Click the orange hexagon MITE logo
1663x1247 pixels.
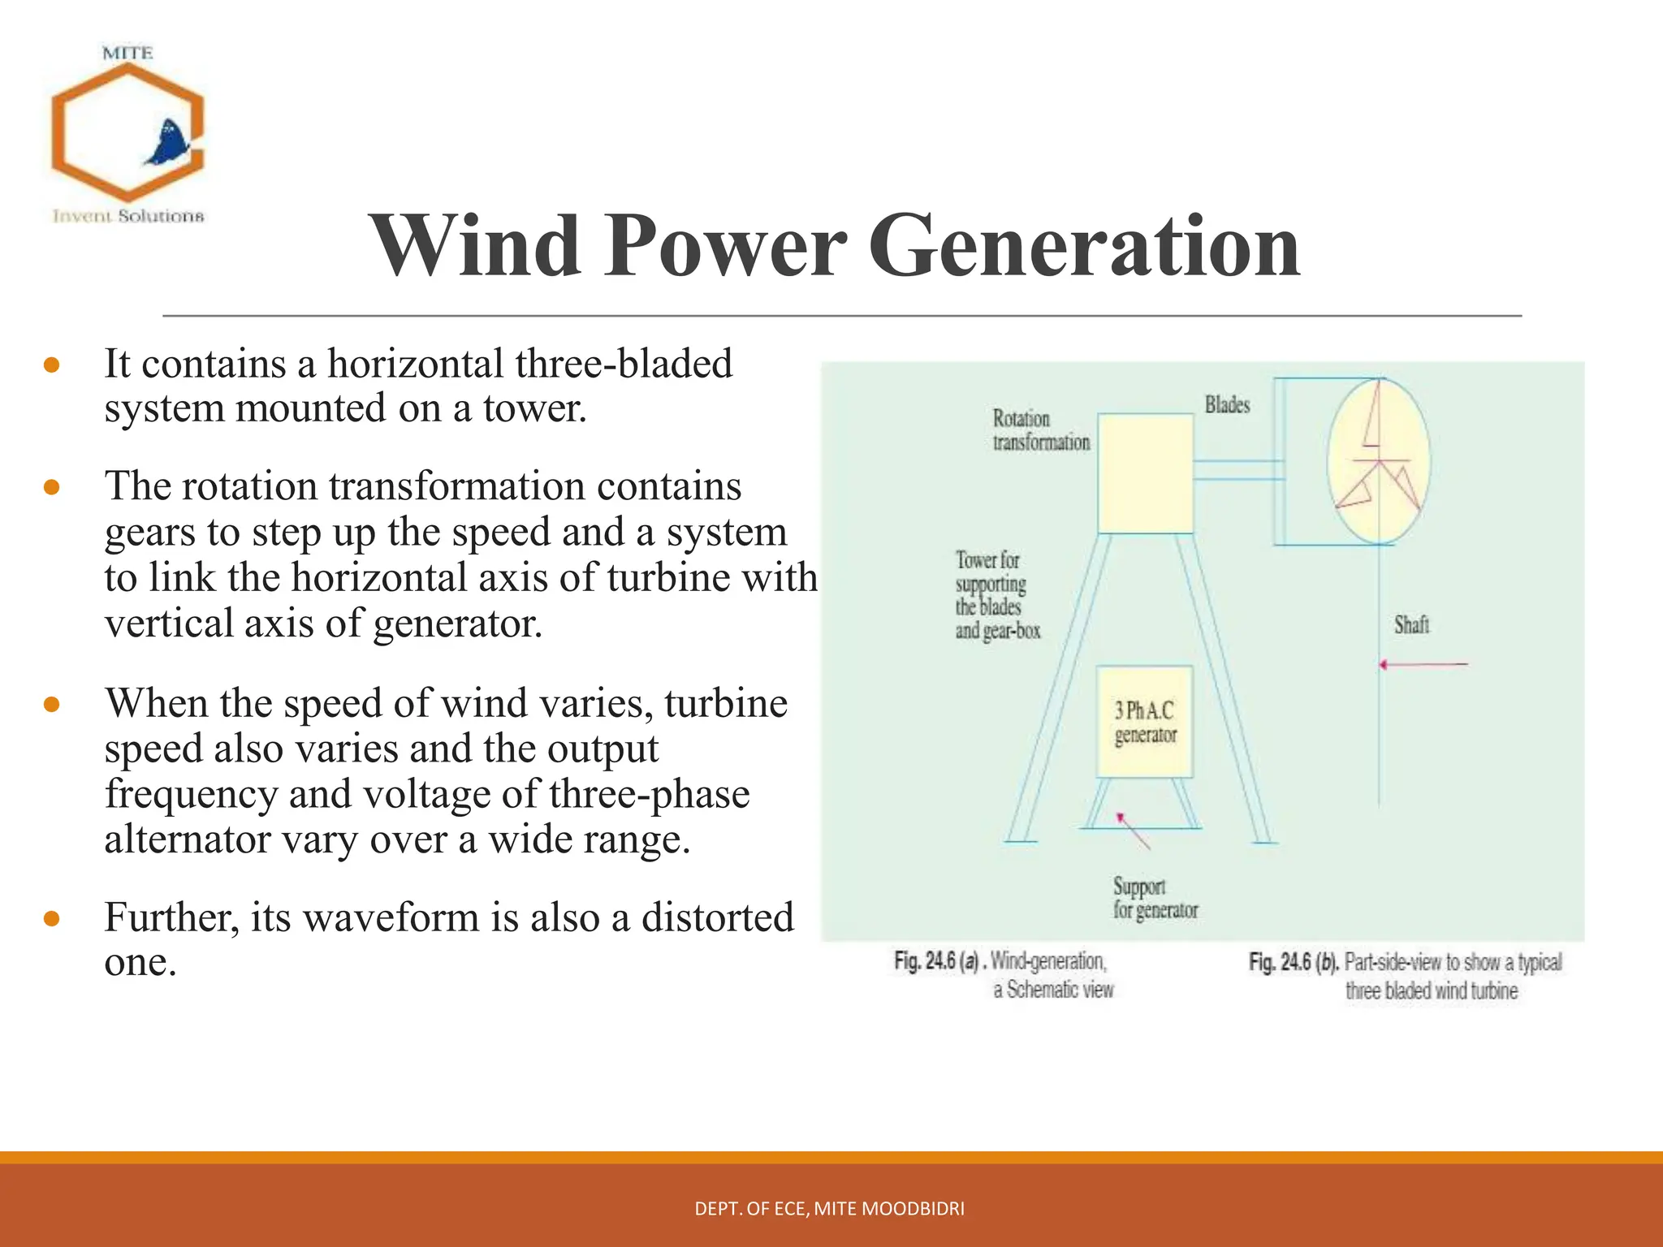127,132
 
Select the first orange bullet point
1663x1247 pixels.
52,365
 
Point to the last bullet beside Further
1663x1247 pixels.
52,919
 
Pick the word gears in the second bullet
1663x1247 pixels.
150,533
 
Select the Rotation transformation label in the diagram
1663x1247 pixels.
1040,430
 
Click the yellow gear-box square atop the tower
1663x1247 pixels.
1145,473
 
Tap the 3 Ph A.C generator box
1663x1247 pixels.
1145,722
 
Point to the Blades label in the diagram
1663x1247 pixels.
1227,404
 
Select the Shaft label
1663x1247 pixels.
1411,624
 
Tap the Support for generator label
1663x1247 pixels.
1155,898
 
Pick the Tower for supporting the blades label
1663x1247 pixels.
996,595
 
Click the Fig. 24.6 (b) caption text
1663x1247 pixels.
1405,976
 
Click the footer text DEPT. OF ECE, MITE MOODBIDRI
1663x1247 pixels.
829,1209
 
